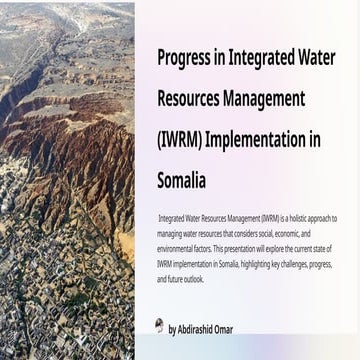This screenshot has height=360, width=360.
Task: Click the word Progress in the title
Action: coord(185,57)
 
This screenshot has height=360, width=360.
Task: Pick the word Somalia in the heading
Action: coord(182,182)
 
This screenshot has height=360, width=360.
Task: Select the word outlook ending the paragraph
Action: coord(193,279)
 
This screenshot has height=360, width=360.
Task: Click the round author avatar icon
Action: coord(160,326)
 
